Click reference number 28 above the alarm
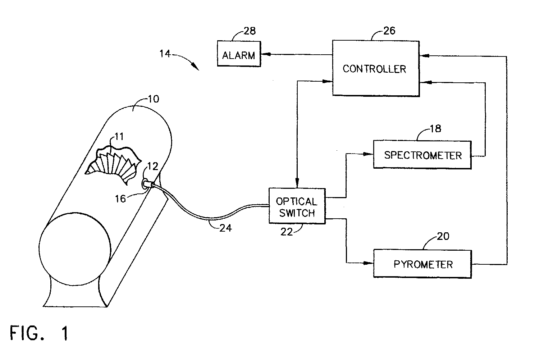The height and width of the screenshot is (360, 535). (250, 31)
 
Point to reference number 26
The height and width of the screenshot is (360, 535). (389, 31)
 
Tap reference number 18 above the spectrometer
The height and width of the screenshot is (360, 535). (436, 129)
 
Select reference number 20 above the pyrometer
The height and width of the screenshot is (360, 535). (443, 236)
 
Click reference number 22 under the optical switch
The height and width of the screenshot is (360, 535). (287, 232)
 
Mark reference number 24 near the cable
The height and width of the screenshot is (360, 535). (225, 228)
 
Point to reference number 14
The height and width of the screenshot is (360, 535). (165, 54)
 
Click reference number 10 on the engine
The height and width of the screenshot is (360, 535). (153, 99)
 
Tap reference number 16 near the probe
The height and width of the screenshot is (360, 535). (120, 199)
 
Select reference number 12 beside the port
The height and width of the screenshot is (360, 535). (152, 166)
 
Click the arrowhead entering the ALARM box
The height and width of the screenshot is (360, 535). (265, 54)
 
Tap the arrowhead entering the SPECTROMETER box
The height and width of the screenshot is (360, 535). (368, 154)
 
